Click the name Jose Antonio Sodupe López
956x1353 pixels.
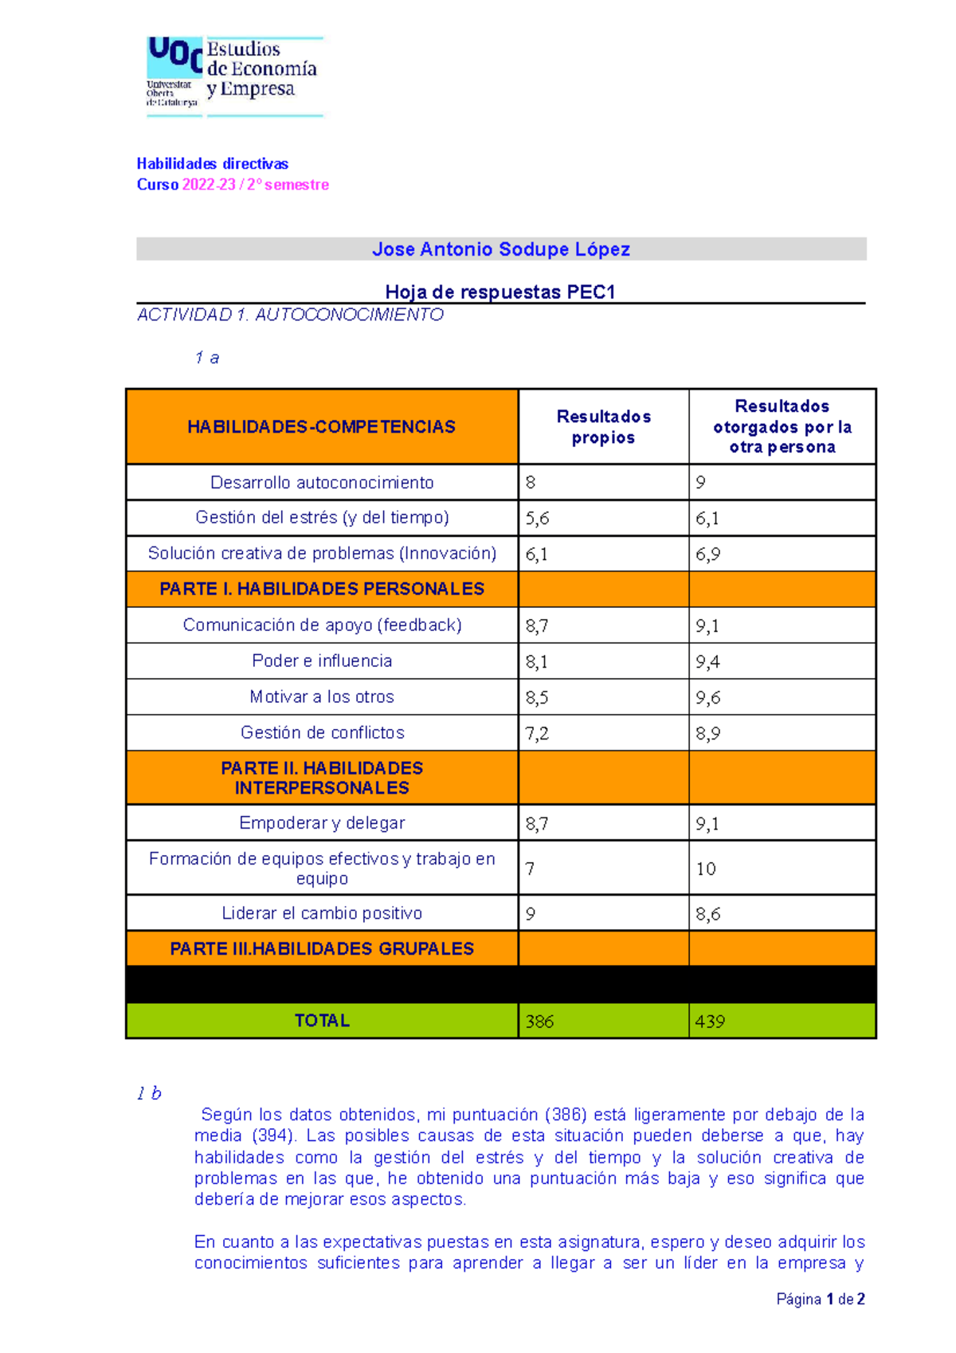[x=501, y=249]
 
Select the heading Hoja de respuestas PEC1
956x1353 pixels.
[x=500, y=292]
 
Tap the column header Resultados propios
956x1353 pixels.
[x=603, y=427]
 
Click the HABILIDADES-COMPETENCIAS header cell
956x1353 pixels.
[x=322, y=427]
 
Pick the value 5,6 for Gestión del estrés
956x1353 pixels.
[x=538, y=519]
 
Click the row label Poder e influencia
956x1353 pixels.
[x=322, y=661]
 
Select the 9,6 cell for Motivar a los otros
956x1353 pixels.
[x=708, y=697]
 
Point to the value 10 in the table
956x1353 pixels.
[x=706, y=869]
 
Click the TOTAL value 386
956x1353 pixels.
[x=540, y=1022]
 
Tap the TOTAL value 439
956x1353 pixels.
[x=711, y=1022]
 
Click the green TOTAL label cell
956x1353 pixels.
[x=322, y=1021]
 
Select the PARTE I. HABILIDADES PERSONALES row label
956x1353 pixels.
[x=322, y=589]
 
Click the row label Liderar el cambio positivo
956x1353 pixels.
[x=322, y=913]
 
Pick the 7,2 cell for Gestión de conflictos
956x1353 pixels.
[x=538, y=733]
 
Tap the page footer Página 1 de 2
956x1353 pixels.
[x=821, y=1300]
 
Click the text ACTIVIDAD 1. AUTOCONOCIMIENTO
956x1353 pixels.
[x=291, y=315]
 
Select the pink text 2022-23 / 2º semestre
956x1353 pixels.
[x=256, y=185]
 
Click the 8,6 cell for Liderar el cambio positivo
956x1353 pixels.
[x=708, y=914]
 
